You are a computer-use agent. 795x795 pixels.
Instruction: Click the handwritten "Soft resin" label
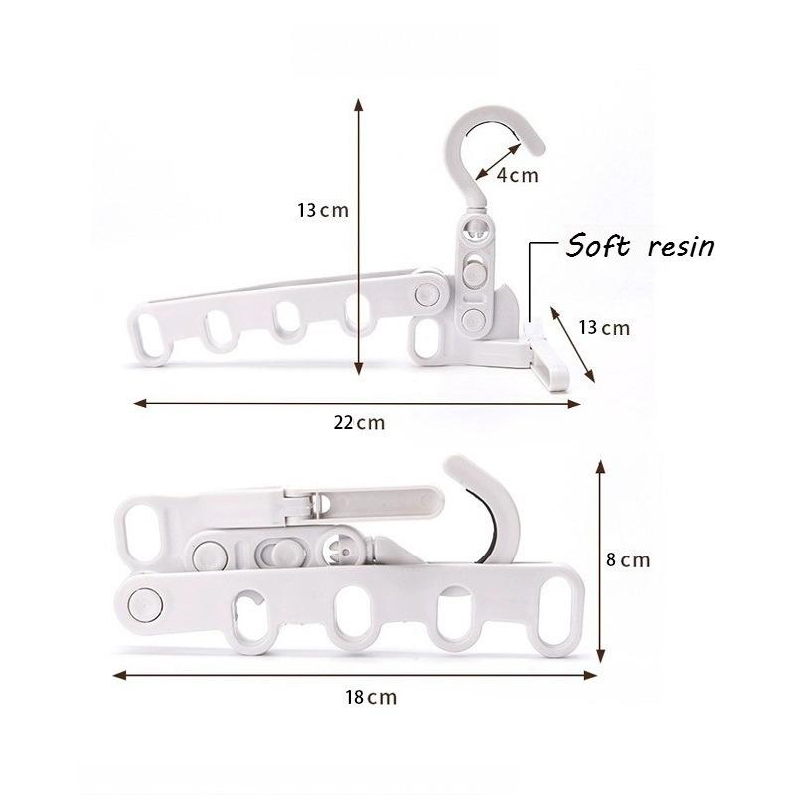coord(640,245)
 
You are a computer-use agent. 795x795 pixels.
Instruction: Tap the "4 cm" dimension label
coord(517,176)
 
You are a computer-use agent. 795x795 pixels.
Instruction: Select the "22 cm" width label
coord(358,422)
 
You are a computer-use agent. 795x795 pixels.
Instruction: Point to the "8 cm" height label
coord(628,559)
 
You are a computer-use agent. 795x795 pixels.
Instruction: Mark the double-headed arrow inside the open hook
coord(497,159)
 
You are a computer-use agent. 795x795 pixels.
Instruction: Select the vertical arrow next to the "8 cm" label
coord(599,558)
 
